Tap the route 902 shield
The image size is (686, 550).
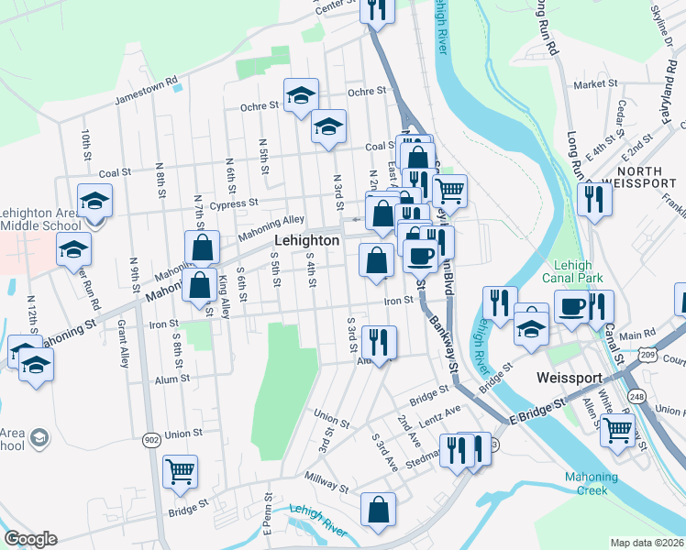pyautogui.click(x=151, y=441)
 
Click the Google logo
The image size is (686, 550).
pyautogui.click(x=30, y=539)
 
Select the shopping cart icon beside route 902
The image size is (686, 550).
pyautogui.click(x=180, y=471)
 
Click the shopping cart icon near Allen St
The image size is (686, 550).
pyautogui.click(x=618, y=429)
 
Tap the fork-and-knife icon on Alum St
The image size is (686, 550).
pyautogui.click(x=379, y=342)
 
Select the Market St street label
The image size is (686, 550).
pyautogui.click(x=595, y=84)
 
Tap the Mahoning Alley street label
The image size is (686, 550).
pyautogui.click(x=271, y=224)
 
